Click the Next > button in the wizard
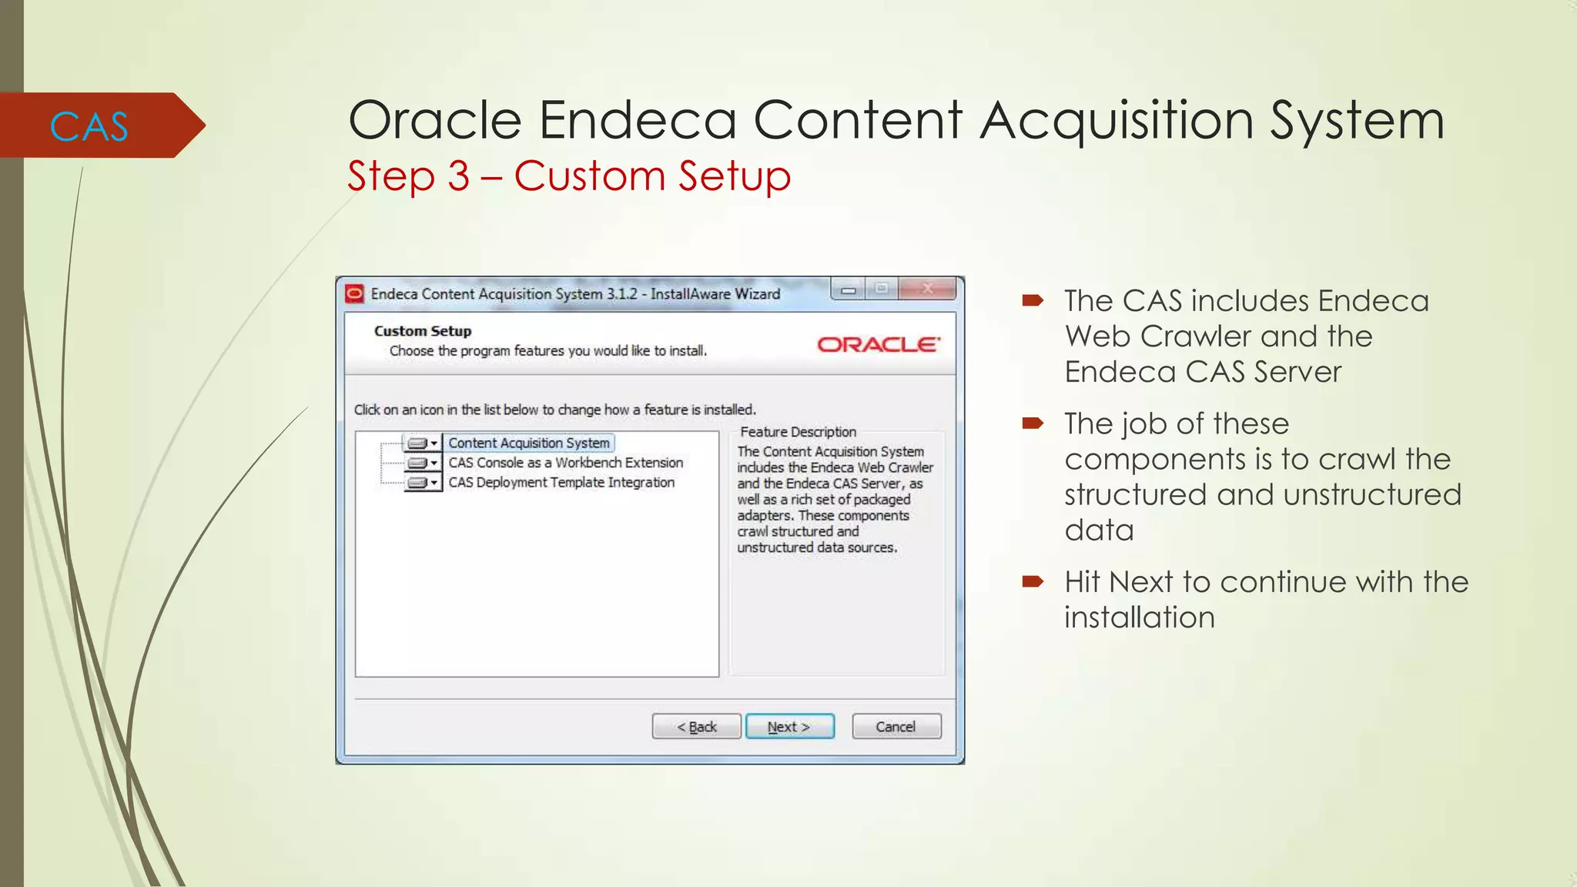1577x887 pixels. click(789, 727)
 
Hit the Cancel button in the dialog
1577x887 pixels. click(896, 727)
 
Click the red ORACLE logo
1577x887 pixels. click(878, 344)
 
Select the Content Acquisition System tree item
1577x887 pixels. click(529, 443)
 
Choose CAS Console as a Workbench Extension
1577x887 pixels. click(565, 463)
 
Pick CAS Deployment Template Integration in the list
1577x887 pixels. click(561, 483)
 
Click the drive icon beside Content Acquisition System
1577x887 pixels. click(418, 443)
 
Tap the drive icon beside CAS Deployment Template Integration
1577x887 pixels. click(418, 483)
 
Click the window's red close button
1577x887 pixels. click(928, 289)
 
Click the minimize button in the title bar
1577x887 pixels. click(849, 290)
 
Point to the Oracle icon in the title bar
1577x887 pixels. click(354, 293)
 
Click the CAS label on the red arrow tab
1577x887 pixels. click(89, 126)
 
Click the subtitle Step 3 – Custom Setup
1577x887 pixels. click(568, 176)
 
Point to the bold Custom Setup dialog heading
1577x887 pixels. click(423, 331)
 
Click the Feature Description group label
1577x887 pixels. click(798, 432)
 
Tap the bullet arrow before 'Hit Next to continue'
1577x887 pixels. click(1033, 581)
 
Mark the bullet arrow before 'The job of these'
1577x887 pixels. click(1033, 423)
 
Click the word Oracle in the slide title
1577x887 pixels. click(435, 120)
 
